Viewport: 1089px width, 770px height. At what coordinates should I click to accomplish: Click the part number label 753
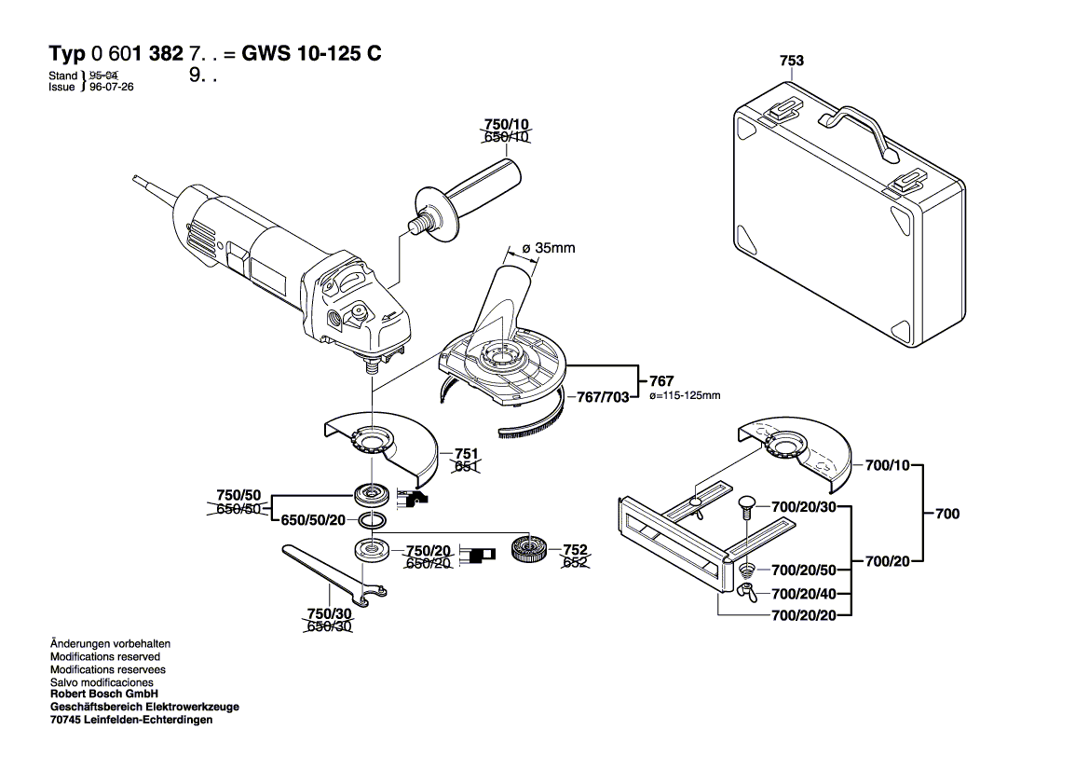click(x=791, y=62)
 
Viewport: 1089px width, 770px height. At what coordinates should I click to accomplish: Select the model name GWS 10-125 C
click(x=311, y=53)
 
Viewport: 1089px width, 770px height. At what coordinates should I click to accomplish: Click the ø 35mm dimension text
click(x=548, y=248)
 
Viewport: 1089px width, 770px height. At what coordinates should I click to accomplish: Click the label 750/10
click(x=506, y=124)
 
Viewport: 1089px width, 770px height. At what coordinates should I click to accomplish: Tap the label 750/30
click(x=329, y=614)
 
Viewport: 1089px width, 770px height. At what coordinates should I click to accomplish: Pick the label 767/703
click(x=603, y=397)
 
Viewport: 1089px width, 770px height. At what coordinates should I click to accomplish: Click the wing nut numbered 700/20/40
click(x=749, y=593)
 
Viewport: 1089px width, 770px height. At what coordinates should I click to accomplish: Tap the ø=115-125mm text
click(x=684, y=396)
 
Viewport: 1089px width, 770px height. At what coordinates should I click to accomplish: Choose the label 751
click(x=466, y=452)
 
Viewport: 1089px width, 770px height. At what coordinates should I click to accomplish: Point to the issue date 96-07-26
click(x=109, y=87)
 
